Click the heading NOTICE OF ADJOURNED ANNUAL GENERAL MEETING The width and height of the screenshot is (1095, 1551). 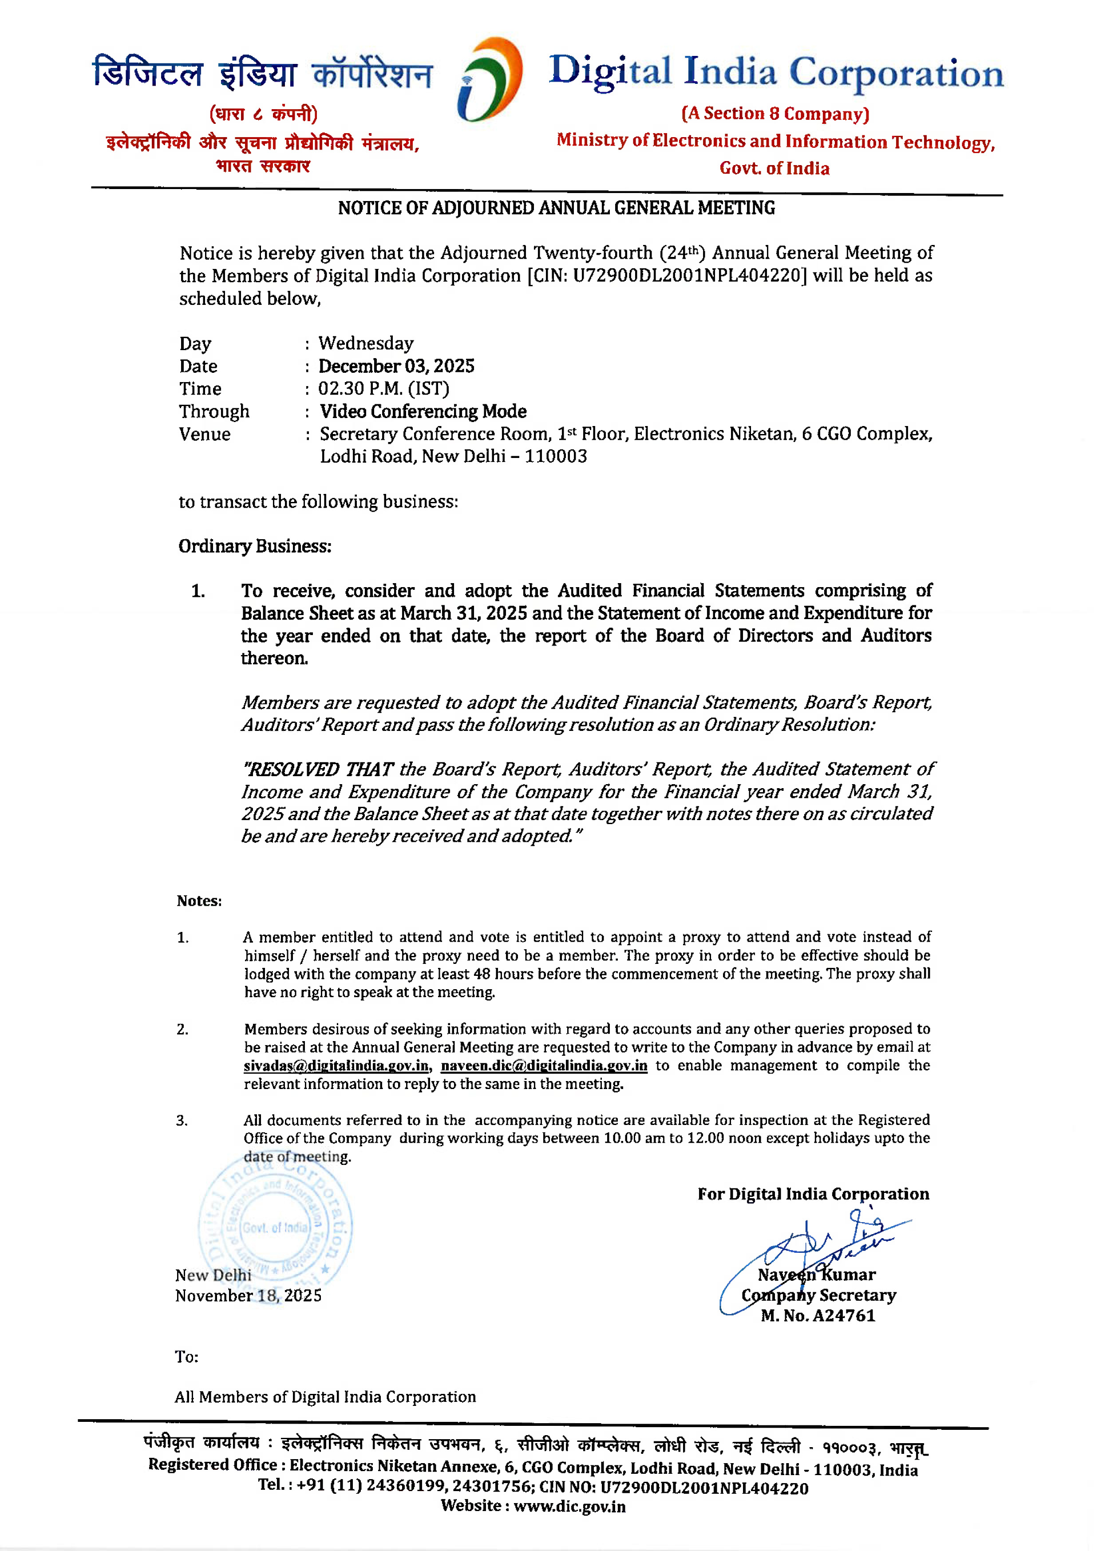click(x=556, y=208)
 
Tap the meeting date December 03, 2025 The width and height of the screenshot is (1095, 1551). click(x=396, y=366)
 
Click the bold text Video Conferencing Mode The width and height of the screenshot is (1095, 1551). click(x=423, y=411)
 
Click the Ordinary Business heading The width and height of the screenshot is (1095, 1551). click(x=255, y=546)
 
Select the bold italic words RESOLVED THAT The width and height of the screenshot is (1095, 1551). click(x=317, y=770)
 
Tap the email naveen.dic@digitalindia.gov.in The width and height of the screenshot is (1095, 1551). click(x=544, y=1066)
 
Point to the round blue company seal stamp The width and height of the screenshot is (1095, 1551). click(x=275, y=1227)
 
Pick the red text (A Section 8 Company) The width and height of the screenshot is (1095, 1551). click(x=775, y=114)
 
